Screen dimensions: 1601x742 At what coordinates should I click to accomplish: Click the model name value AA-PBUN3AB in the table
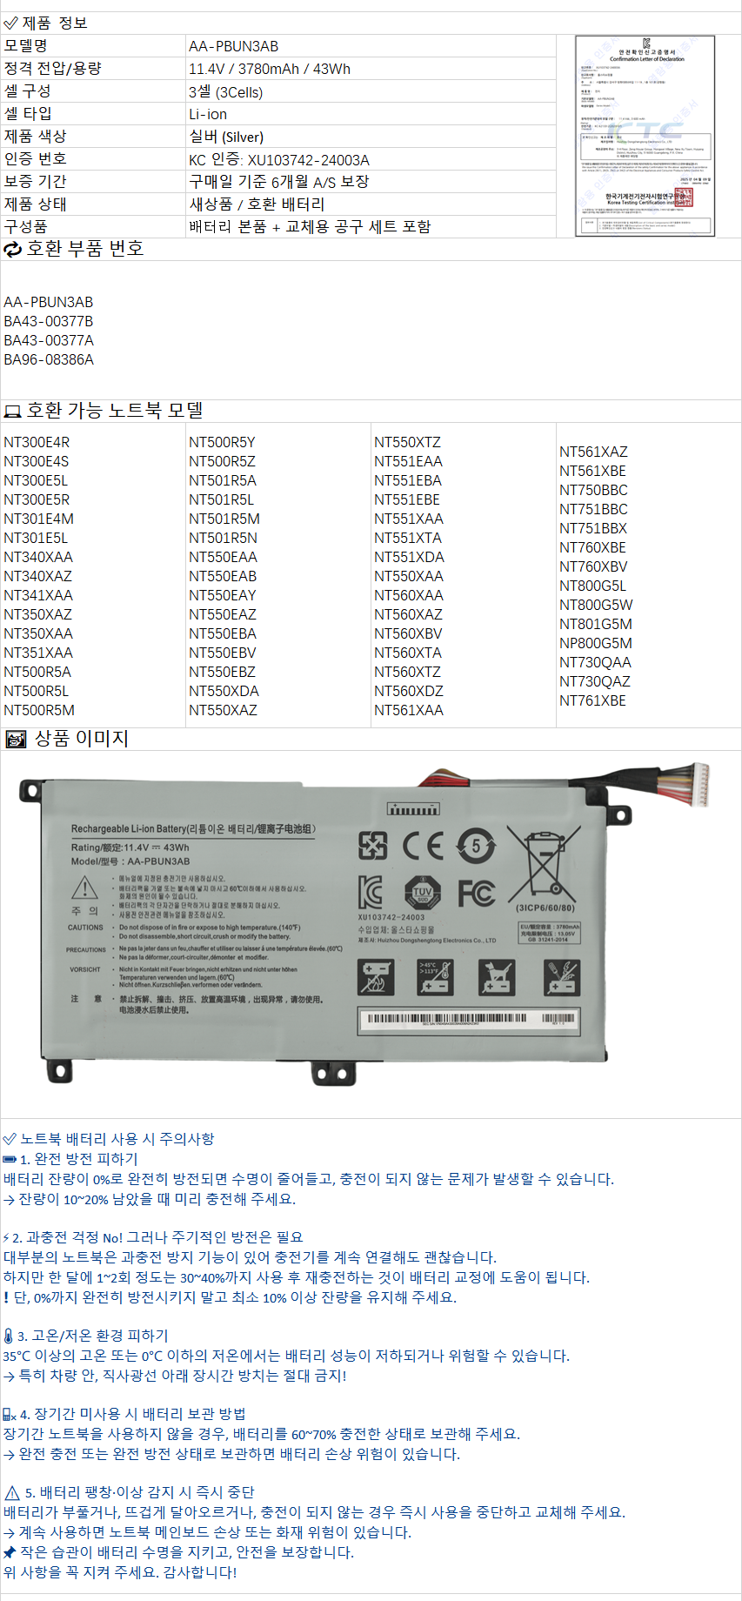point(233,46)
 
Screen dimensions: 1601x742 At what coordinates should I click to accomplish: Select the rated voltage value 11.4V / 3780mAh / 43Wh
point(269,69)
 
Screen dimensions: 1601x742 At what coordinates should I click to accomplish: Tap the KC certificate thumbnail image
point(645,136)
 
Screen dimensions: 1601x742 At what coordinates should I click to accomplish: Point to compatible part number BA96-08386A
point(49,359)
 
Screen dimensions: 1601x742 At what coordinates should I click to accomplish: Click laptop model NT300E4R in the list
point(37,442)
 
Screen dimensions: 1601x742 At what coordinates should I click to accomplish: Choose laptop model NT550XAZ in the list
point(223,710)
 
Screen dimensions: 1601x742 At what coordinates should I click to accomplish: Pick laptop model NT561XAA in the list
point(408,710)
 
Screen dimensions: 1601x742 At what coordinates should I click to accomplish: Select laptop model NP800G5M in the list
point(595,643)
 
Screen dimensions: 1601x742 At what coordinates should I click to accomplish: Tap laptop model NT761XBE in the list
point(592,700)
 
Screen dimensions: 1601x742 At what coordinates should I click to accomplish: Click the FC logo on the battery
point(476,893)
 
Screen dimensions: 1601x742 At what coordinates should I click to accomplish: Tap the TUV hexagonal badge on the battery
point(423,893)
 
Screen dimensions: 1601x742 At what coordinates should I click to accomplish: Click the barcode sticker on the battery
point(467,1021)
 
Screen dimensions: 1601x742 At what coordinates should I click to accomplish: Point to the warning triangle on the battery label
point(84,888)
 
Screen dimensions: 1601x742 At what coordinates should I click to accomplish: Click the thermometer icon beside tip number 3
point(8,1336)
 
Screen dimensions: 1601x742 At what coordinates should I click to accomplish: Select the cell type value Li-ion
point(208,114)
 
